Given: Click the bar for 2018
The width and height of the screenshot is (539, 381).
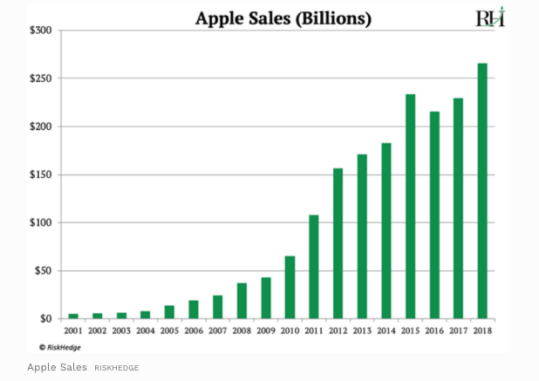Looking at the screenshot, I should [481, 191].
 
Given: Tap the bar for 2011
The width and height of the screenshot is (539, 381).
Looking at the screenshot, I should [314, 266].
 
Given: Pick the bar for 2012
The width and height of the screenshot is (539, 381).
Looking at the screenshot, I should [338, 243].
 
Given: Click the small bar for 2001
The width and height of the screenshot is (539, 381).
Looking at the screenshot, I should [73, 316].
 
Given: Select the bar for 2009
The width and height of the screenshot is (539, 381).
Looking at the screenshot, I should [266, 297].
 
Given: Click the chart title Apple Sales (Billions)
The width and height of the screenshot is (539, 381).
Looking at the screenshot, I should [283, 18].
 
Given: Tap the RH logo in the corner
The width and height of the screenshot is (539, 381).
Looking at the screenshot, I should [490, 17].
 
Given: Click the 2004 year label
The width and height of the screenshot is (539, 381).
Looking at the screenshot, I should [146, 331].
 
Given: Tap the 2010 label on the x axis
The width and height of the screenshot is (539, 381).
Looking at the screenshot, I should [290, 331].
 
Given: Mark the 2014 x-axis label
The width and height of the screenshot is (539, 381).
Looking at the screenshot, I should [385, 331].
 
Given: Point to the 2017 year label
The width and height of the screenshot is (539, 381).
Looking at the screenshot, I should [458, 331].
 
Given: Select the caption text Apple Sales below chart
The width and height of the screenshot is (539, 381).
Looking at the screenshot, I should [57, 367].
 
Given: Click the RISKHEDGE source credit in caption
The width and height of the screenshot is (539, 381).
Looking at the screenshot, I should [117, 368].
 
